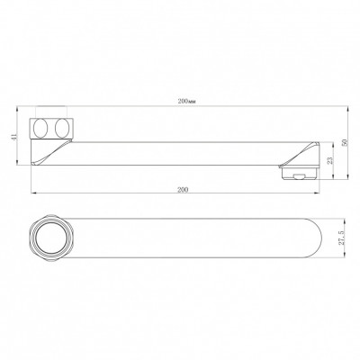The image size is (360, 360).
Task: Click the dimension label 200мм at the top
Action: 186,101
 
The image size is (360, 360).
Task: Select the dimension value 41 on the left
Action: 13,137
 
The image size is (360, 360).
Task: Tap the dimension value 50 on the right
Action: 345,143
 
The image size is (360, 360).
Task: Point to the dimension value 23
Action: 330,161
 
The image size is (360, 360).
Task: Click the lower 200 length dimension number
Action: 183,190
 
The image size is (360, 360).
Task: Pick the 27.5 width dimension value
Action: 342,238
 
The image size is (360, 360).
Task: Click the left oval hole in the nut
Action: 40,128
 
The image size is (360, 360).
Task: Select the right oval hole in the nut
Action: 61,128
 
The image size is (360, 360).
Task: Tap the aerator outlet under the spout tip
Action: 299,173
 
